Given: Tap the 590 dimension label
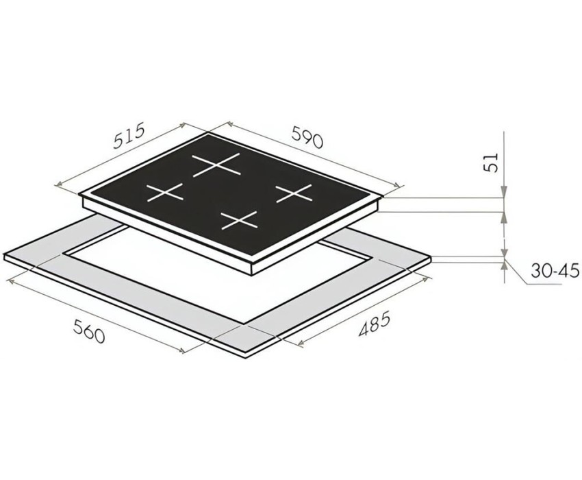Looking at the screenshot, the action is pos(307,137).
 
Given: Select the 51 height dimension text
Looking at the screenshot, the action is pos(492,162).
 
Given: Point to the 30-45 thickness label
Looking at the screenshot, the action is pos(555,271).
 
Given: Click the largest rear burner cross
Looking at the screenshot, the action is pos(216,164).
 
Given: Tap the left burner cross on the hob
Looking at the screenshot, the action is pos(165,193).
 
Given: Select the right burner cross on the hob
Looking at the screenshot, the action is pos(293,193).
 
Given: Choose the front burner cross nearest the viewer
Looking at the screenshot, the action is pos(239,220).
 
